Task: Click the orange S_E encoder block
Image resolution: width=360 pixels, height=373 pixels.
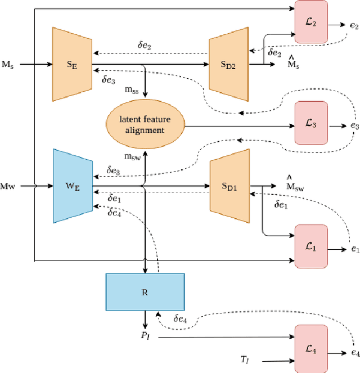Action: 72,65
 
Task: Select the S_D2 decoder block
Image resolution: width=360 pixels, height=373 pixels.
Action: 228,65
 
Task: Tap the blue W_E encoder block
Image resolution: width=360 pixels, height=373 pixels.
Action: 72,186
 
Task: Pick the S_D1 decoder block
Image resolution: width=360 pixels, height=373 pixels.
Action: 228,186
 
